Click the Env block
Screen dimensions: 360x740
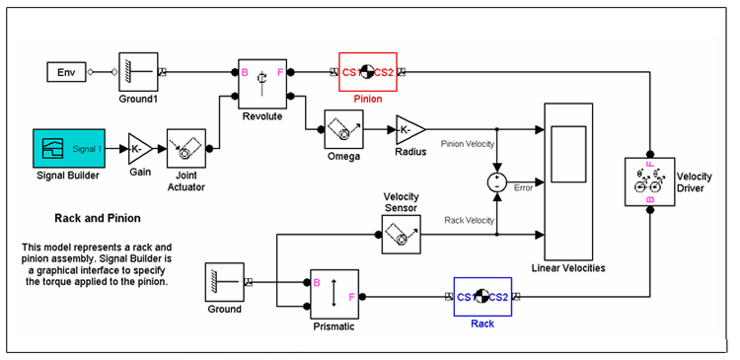66,72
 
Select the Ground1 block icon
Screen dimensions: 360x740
139,71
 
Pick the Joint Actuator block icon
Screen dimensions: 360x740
185,150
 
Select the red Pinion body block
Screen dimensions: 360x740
367,71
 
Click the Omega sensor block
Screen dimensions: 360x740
344,129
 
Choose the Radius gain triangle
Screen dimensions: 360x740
409,129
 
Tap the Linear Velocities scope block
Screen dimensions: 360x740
566,179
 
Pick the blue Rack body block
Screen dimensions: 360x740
481,295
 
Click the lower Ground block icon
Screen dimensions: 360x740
224,282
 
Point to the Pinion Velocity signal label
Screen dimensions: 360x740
466,144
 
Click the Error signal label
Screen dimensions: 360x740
523,187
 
